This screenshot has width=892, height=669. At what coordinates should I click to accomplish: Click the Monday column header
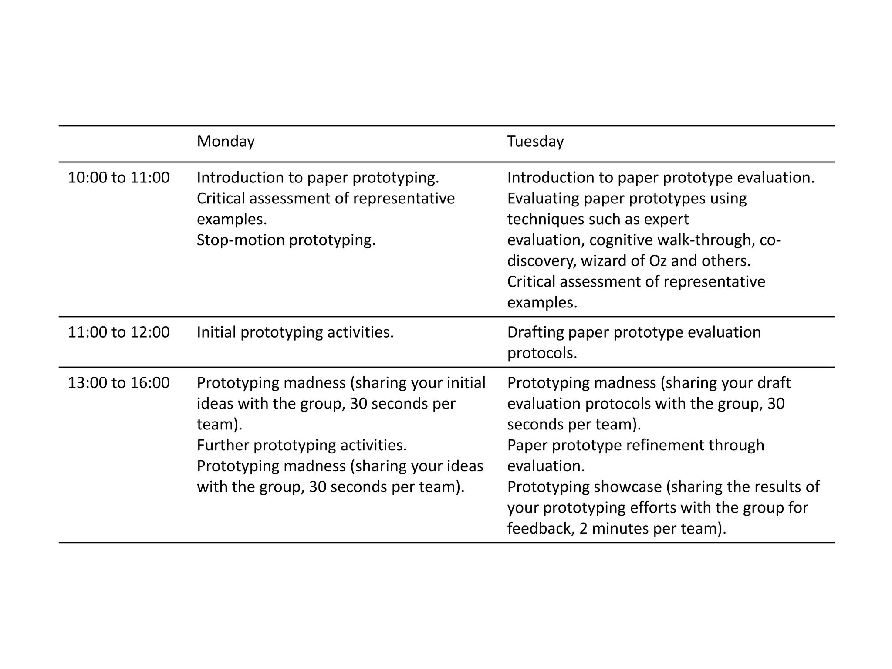click(226, 142)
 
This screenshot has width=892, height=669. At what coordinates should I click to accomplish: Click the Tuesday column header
click(535, 142)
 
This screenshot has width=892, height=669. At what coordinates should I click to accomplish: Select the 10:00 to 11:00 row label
click(118, 178)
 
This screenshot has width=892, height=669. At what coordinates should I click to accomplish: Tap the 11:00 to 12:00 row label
click(118, 332)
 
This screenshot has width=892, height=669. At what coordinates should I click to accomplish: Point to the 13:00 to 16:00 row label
click(118, 383)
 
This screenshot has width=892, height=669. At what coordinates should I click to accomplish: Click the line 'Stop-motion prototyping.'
click(286, 240)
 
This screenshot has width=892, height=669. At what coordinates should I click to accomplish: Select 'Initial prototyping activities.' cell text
click(295, 332)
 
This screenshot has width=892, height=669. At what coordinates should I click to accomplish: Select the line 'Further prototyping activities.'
click(301, 445)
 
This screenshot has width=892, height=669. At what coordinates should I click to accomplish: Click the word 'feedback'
click(540, 529)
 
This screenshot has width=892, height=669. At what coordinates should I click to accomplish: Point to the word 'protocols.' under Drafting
click(542, 353)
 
